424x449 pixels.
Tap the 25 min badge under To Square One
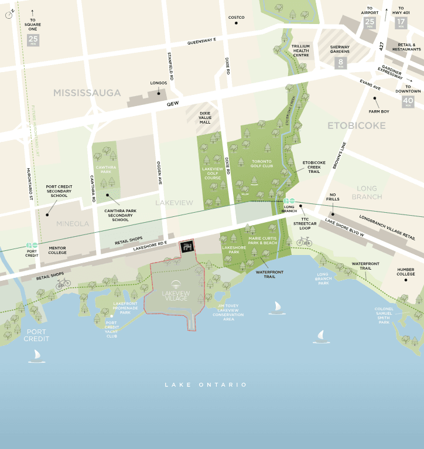[x=33, y=40]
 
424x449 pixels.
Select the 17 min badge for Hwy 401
[x=401, y=23]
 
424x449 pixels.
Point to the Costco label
[x=236, y=18]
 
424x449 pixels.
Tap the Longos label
[x=159, y=83]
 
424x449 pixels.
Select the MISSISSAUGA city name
[x=87, y=93]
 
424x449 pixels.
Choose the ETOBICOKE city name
[x=356, y=125]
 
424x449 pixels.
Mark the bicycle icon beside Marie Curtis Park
[x=304, y=241]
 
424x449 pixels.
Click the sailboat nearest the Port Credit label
[x=37, y=355]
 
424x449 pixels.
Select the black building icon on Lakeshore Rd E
[x=187, y=247]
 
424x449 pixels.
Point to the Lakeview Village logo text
[x=176, y=295]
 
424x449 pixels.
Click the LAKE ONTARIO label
[x=206, y=385]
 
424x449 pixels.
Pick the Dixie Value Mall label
[x=204, y=118]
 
